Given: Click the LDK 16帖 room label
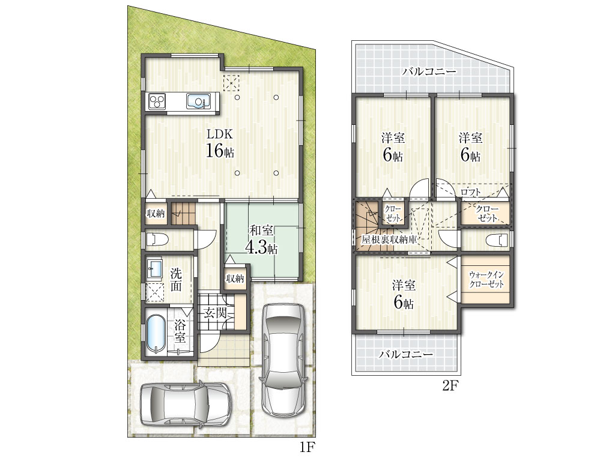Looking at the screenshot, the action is (220, 143).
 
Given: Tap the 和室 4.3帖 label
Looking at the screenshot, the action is (261, 239).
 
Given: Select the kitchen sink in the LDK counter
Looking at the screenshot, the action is (198, 101).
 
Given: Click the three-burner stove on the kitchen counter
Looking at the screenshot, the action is (157, 101).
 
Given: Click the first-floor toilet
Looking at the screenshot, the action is (157, 239).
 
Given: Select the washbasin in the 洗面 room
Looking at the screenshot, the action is (155, 268).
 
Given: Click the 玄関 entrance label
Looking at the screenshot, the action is (215, 313).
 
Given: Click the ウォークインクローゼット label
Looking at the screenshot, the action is (486, 279).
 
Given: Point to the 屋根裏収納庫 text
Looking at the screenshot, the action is (389, 240).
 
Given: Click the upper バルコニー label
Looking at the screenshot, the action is (429, 72).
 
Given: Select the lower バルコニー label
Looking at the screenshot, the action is (406, 354).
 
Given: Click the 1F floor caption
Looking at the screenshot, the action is (308, 447).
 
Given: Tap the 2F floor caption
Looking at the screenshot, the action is (450, 386).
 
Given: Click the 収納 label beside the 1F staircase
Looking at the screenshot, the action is (156, 214).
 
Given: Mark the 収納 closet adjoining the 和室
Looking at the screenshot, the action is (235, 279).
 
